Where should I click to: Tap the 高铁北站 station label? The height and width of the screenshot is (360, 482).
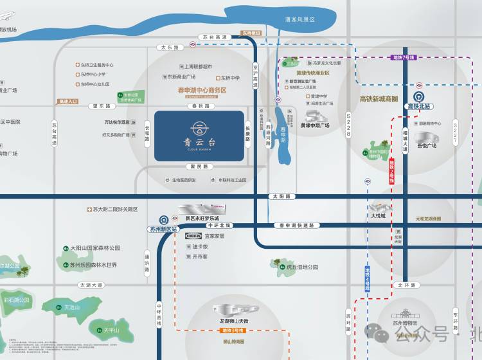pos(420,106)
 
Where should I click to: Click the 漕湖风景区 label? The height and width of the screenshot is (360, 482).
pos(300,20)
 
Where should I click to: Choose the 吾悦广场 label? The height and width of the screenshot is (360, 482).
pos(427,146)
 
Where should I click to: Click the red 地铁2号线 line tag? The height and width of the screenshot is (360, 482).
pos(391,172)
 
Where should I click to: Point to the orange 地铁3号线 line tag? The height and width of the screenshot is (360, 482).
pos(229,330)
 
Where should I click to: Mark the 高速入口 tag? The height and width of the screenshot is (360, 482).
pos(67,101)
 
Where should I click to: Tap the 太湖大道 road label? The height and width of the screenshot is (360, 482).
pos(91,285)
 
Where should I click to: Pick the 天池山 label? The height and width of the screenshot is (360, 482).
pos(72,308)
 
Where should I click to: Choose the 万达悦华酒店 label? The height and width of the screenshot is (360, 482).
pos(116,122)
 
